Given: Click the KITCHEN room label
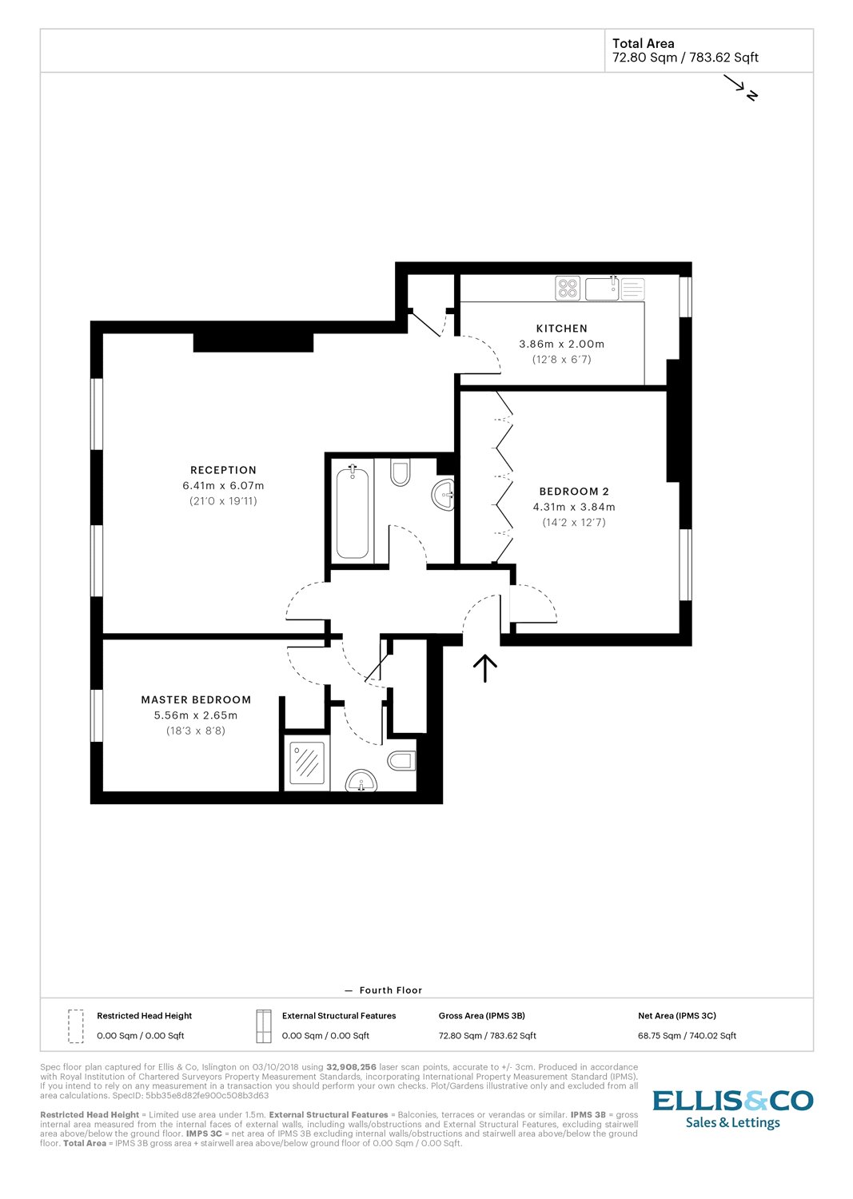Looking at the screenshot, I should point(561,329).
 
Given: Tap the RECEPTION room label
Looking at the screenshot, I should point(223,470).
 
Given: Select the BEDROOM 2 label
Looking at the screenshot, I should point(573,492).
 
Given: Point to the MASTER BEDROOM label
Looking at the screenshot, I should point(196,699).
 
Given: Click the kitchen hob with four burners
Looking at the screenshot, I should point(568,288).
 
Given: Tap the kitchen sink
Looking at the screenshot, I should point(602,288).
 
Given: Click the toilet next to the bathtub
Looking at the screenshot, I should point(400,472).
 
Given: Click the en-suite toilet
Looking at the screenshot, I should point(401,760).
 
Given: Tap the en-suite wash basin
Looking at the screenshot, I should point(361,781).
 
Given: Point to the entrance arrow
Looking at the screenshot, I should point(485,667).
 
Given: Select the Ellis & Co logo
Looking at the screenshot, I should point(732,1109).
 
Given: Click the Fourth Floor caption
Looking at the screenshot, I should point(390,990).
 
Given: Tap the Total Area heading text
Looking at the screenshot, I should point(643,44).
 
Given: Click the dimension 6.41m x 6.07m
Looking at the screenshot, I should point(223,485).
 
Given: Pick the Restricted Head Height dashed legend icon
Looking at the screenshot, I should point(76,1026).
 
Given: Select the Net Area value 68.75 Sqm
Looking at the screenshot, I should point(687,1036).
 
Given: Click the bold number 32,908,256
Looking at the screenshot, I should point(351,1067).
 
